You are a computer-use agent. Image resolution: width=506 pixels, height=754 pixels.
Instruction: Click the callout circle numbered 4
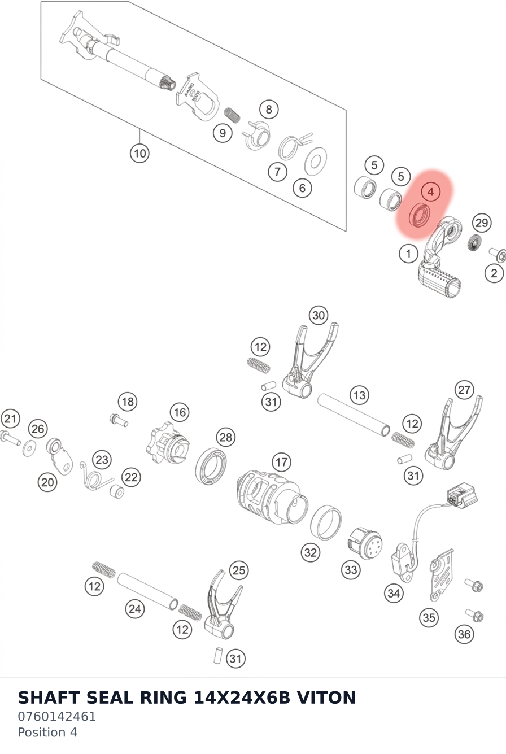[430, 191]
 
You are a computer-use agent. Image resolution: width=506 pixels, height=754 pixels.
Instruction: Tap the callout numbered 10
[139, 153]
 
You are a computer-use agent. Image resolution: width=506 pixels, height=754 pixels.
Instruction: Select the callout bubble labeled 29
[482, 223]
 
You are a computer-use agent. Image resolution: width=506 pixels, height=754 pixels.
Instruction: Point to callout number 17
[281, 462]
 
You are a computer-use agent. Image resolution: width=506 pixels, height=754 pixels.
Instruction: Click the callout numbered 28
[225, 437]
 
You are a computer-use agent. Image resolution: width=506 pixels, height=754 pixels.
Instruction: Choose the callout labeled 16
[180, 412]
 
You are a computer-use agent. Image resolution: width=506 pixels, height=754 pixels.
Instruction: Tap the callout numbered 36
[464, 634]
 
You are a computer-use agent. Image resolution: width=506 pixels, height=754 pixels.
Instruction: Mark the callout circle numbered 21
[10, 419]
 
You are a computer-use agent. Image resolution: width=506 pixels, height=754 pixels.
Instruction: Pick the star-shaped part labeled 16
[167, 443]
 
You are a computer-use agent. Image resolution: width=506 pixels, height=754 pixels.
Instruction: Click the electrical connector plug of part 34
[462, 496]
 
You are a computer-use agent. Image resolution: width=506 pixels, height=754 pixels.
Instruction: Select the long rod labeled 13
[354, 415]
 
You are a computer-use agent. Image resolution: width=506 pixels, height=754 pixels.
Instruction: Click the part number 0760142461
[56, 716]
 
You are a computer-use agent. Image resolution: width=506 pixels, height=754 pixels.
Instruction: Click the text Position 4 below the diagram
[47, 733]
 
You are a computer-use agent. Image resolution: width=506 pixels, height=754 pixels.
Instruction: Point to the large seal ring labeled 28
[211, 466]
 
